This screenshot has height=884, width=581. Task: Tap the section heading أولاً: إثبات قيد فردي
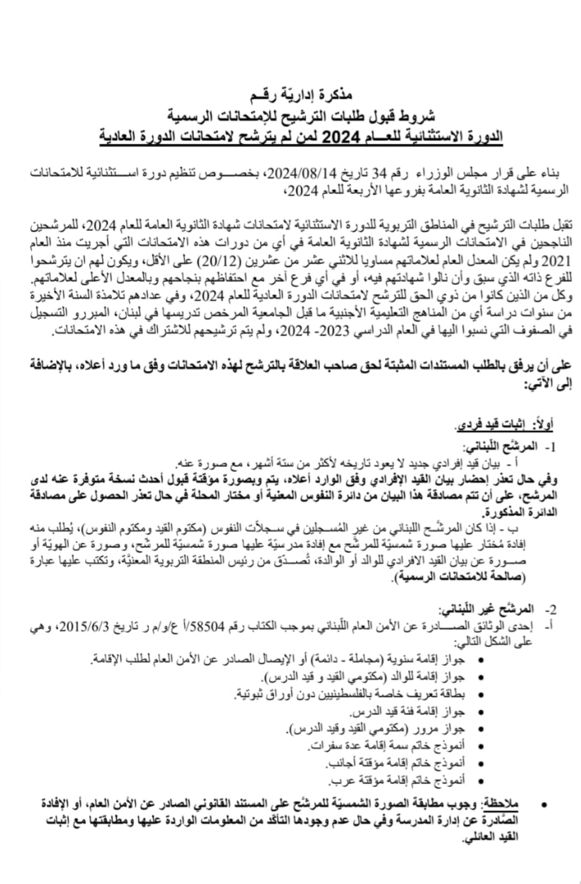coord(504,425)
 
